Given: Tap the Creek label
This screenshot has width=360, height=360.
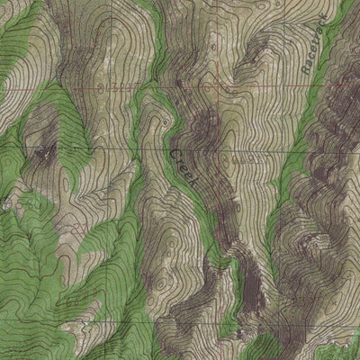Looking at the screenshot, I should [184, 167].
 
